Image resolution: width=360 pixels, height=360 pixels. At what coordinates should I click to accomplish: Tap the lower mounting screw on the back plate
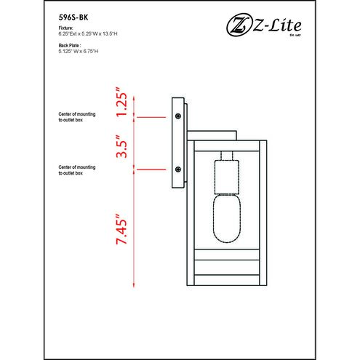tap(177, 169)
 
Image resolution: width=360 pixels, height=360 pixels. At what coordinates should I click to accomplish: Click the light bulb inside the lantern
tap(226, 220)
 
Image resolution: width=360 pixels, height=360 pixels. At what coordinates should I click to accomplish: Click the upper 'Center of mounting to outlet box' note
tap(76, 118)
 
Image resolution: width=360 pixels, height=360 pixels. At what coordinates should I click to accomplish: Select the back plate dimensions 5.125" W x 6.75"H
tap(79, 49)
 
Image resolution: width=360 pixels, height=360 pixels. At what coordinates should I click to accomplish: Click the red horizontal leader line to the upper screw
tap(152, 117)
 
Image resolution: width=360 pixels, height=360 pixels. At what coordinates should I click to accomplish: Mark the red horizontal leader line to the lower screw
tap(152, 169)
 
